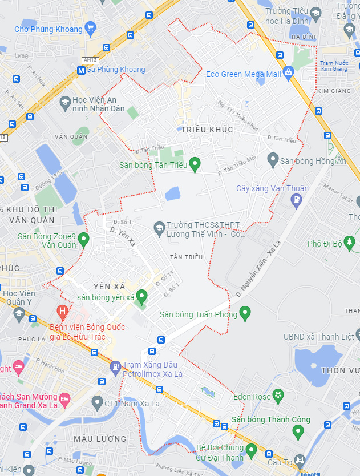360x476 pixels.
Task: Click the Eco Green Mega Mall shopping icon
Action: (288, 72)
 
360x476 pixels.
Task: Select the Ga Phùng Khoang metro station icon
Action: (81, 70)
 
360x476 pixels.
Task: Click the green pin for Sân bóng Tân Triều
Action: (195, 164)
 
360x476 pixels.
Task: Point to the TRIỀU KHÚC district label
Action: (207, 130)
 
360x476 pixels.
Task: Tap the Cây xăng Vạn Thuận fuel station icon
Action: (296, 200)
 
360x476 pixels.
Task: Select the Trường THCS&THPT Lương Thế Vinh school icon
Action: (159, 228)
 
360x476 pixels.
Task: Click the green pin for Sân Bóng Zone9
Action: (84, 239)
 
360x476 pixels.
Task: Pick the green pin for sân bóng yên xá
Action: (141, 296)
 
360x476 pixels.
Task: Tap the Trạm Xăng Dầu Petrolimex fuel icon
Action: (115, 367)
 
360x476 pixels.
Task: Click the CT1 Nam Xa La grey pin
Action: (96, 402)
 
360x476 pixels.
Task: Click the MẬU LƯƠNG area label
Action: (100, 438)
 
